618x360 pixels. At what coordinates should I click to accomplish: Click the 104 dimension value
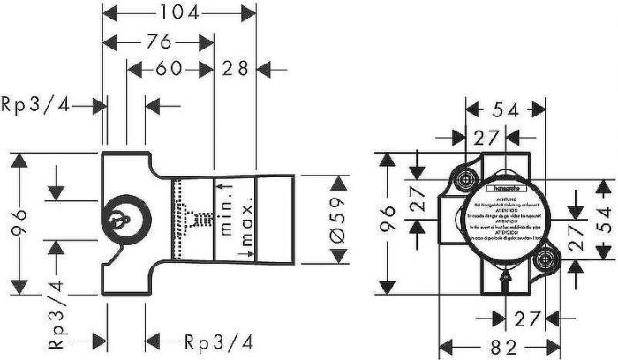pyautogui.click(x=179, y=12)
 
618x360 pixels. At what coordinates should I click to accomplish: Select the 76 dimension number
pyautogui.click(x=159, y=41)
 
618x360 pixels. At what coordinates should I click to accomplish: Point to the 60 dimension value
pyautogui.click(x=174, y=69)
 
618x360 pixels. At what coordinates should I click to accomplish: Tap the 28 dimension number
pyautogui.click(x=235, y=69)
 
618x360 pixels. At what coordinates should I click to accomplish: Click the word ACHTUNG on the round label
pyautogui.click(x=505, y=197)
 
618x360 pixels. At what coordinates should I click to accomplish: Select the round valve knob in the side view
pyautogui.click(x=116, y=217)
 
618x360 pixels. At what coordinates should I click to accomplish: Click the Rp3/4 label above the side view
pyautogui.click(x=34, y=106)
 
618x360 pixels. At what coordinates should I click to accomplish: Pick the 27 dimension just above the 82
pyautogui.click(x=526, y=318)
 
